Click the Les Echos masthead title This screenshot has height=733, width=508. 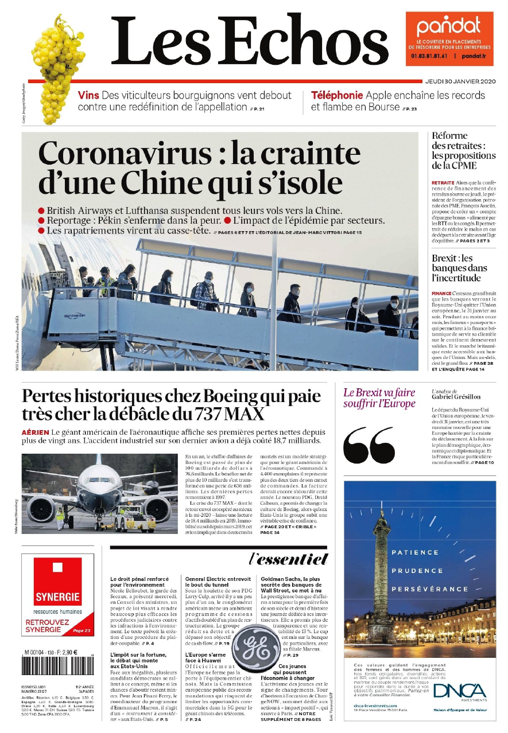tap(250, 41)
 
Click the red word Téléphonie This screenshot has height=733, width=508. tap(337, 95)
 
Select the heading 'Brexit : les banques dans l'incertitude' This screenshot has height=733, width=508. tap(459, 268)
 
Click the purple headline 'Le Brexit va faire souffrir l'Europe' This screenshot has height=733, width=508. tap(379, 398)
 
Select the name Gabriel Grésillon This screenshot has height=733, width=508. tap(456, 397)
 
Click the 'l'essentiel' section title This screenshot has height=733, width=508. tap(288, 559)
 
